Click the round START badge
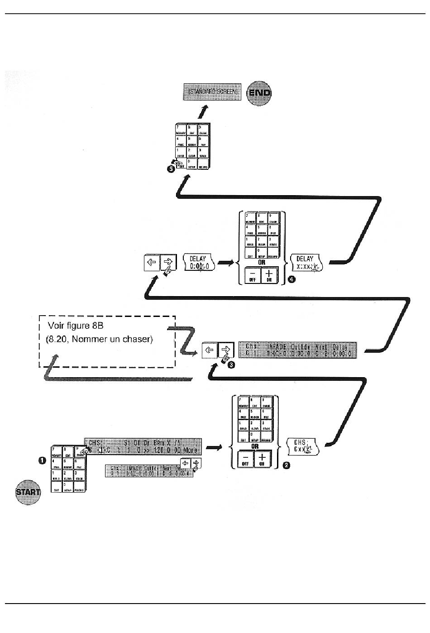point(28,491)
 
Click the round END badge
point(260,93)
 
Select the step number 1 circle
point(42,460)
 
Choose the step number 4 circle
point(292,280)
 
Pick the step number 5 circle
point(171,169)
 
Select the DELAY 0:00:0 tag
point(199,263)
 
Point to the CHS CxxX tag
point(303,446)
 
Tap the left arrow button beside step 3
point(210,350)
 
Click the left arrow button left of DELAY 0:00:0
point(152,263)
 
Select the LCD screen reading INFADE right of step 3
point(297,350)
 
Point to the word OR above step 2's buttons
point(255,446)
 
